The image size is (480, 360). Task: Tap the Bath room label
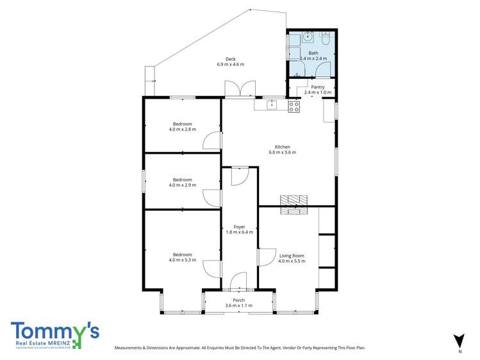(313, 53)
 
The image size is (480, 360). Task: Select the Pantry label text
(318, 87)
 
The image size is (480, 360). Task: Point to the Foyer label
(239, 227)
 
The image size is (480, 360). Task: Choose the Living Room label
(292, 256)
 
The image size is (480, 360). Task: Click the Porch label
(239, 300)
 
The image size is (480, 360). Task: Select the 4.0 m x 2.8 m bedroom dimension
(182, 129)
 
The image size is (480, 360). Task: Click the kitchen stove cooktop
(294, 107)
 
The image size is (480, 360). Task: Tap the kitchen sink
(271, 105)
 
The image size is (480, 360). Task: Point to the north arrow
(458, 341)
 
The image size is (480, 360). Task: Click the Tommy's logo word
(54, 331)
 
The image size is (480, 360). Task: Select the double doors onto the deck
(240, 89)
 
